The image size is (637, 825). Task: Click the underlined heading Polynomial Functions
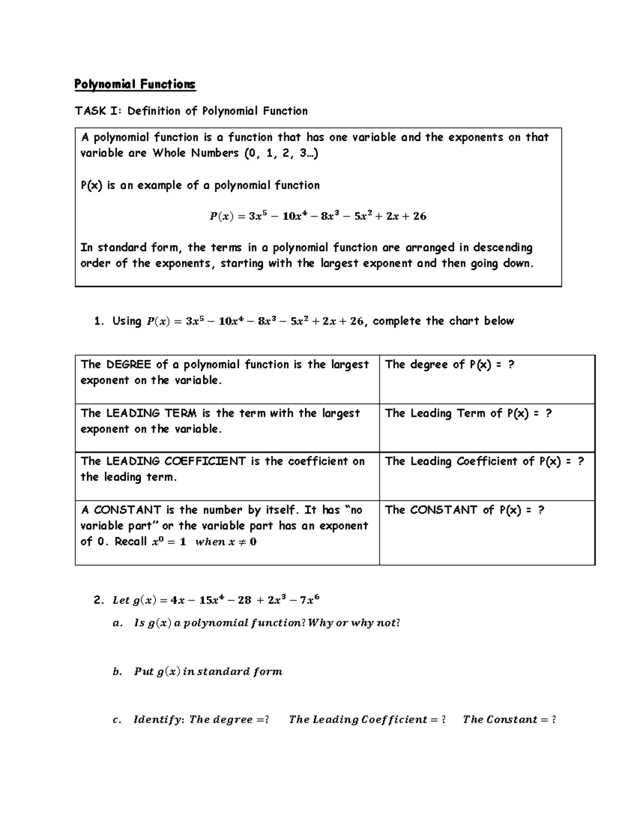(x=135, y=84)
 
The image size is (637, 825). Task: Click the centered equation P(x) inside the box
(x=317, y=216)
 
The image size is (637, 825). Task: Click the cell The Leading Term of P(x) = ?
(x=468, y=413)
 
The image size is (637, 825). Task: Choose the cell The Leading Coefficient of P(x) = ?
(x=484, y=461)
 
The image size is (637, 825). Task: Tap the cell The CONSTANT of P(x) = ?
(x=464, y=510)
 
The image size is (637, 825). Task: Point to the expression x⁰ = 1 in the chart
(x=169, y=542)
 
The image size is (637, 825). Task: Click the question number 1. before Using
(x=99, y=321)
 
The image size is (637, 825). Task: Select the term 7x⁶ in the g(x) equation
(x=309, y=600)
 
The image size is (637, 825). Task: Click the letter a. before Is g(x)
(x=117, y=623)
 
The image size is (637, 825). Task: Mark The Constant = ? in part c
(x=509, y=720)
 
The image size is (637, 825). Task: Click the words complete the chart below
(x=443, y=321)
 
